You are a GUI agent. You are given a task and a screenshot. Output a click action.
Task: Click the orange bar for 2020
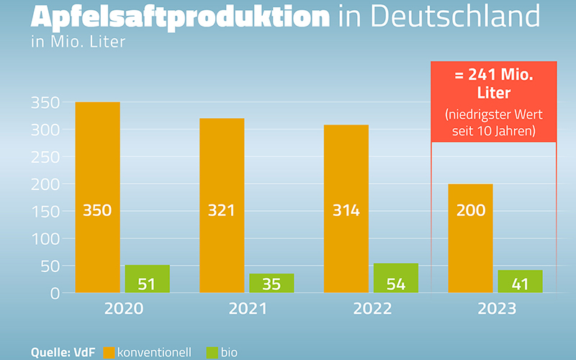point(97,197)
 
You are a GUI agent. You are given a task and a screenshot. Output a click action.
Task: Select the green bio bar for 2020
point(147,279)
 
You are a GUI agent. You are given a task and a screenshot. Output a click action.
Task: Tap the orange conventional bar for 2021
point(222,205)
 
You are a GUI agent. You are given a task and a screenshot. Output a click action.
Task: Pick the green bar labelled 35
point(271,283)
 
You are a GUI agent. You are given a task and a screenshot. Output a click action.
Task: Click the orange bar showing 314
point(346,209)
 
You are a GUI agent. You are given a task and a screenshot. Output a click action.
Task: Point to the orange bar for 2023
point(470,238)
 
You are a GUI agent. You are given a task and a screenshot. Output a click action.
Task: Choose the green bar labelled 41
point(520,282)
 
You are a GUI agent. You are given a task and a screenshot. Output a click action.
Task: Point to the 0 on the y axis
point(54,294)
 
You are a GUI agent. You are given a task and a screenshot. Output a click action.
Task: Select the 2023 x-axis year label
point(496,309)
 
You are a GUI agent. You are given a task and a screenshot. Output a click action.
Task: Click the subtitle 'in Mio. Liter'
point(78,42)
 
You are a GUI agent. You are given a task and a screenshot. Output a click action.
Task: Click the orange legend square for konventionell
point(109,352)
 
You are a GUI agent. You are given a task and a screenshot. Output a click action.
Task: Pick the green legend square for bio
point(212,352)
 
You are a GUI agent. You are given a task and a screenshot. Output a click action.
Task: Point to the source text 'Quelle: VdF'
point(63,352)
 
